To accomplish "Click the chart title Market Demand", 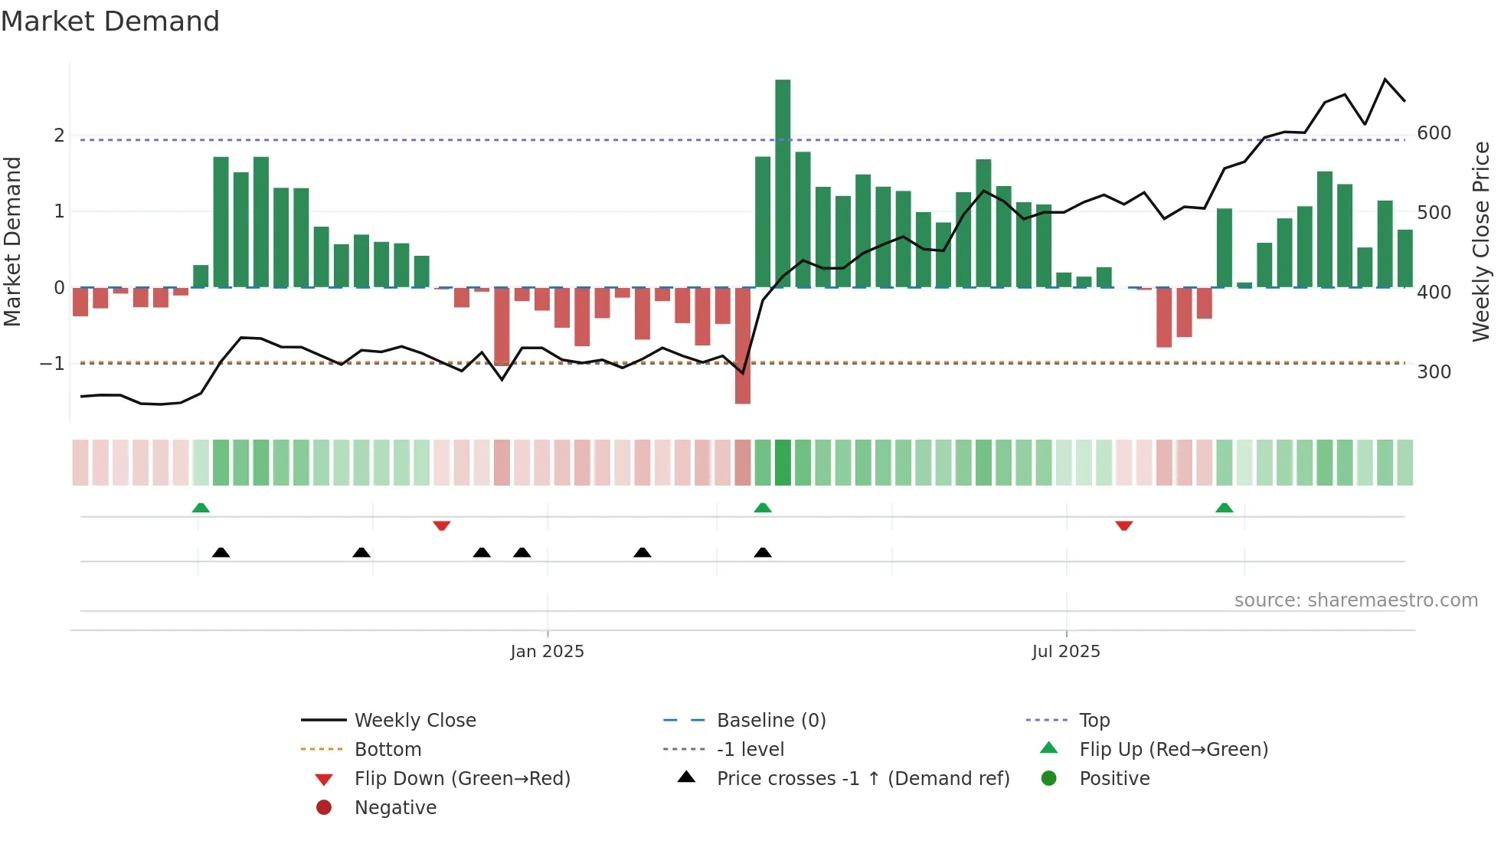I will [x=110, y=21].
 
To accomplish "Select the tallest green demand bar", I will [x=783, y=184].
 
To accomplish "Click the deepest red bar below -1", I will [x=742, y=345].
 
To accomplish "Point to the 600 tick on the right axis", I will [x=1434, y=133].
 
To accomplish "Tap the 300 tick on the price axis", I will [x=1434, y=372].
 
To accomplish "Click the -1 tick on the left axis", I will [x=52, y=364].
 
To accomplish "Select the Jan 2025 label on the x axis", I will [x=547, y=652].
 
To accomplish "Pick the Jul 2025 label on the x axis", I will [x=1065, y=652].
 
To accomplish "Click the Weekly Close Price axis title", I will [x=1481, y=241].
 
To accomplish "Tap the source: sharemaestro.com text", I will [x=1355, y=600].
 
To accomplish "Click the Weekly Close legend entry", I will [x=414, y=721].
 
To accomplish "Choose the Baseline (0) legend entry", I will [x=770, y=721].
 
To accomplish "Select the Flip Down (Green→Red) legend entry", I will [x=462, y=779].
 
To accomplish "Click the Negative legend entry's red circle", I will [x=324, y=808].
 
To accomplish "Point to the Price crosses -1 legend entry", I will [x=862, y=779].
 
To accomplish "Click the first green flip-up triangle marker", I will [x=201, y=508].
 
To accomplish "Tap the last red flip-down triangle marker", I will [x=1123, y=525].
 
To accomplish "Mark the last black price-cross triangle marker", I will [x=763, y=552].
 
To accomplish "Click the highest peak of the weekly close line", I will [x=1385, y=80].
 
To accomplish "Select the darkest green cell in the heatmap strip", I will [x=783, y=463].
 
